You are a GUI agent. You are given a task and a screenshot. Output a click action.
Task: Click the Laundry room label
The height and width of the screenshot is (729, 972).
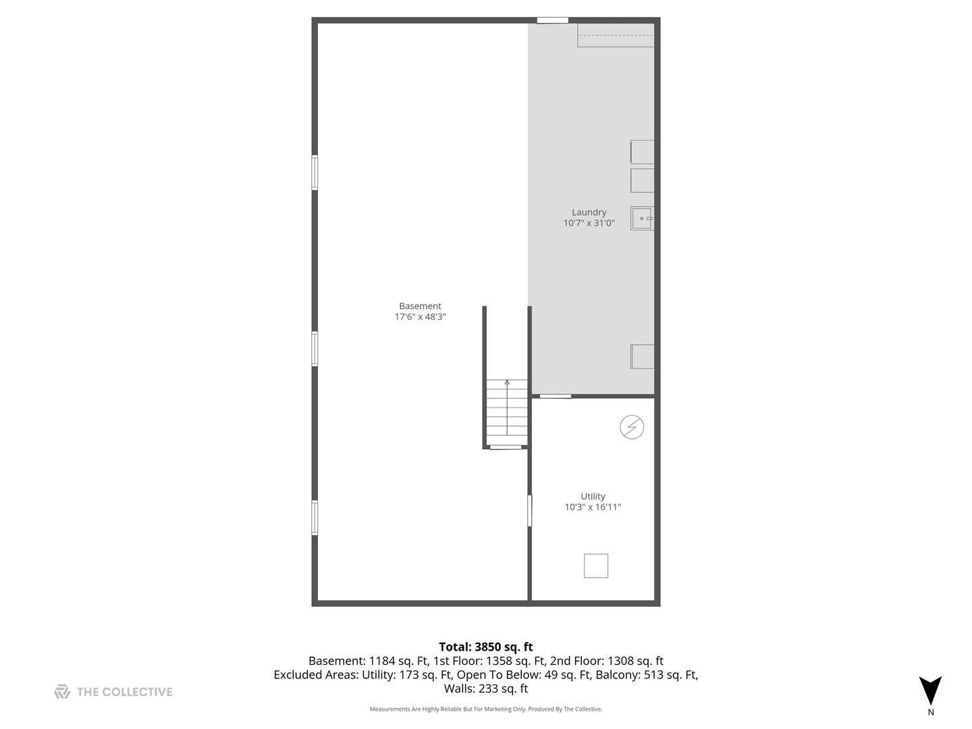(x=589, y=212)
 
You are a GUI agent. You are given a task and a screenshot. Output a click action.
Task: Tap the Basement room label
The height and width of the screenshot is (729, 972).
(x=420, y=306)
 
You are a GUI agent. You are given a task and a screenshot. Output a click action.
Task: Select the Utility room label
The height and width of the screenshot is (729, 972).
(x=593, y=496)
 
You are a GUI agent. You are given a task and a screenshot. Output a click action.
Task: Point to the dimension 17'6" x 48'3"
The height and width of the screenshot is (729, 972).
(x=420, y=317)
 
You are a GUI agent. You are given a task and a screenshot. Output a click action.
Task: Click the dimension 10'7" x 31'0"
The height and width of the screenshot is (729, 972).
(x=589, y=223)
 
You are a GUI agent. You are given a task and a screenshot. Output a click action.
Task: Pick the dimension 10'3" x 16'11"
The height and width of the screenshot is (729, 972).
(x=593, y=507)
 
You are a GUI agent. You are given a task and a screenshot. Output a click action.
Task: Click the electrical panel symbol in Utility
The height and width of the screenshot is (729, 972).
(x=632, y=427)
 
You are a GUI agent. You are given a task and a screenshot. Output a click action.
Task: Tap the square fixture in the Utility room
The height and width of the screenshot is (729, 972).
(x=596, y=566)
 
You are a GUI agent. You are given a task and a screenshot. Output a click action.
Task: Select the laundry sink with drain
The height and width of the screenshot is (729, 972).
(x=642, y=219)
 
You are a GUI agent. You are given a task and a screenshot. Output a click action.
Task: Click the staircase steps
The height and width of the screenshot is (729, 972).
(x=507, y=412)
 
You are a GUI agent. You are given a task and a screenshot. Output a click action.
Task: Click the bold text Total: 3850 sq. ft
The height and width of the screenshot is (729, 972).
(x=486, y=647)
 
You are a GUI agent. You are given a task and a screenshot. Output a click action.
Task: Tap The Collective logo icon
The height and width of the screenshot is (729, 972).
(x=62, y=692)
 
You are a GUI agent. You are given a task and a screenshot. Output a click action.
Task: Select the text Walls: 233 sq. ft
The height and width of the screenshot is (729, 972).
(x=486, y=688)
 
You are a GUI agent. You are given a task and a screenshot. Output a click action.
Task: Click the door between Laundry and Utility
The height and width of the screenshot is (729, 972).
(x=556, y=396)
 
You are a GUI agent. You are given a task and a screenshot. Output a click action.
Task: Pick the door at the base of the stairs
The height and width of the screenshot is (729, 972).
(x=506, y=447)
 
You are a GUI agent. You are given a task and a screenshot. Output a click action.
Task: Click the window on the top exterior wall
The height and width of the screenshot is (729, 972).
(x=552, y=20)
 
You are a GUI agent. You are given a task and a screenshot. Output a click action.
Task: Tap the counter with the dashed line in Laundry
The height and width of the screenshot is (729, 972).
(x=616, y=36)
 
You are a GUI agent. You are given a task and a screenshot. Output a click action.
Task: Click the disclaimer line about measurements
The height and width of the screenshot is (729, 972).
(x=486, y=709)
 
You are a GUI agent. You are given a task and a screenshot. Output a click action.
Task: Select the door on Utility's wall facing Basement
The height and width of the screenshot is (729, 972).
(x=530, y=510)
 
